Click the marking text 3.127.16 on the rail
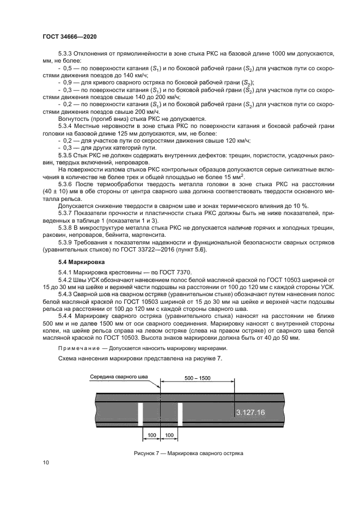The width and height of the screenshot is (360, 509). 251,413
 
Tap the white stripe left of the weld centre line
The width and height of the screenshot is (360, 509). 140,414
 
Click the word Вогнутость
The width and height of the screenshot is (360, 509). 75,118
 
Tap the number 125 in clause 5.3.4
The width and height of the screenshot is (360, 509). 128,133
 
